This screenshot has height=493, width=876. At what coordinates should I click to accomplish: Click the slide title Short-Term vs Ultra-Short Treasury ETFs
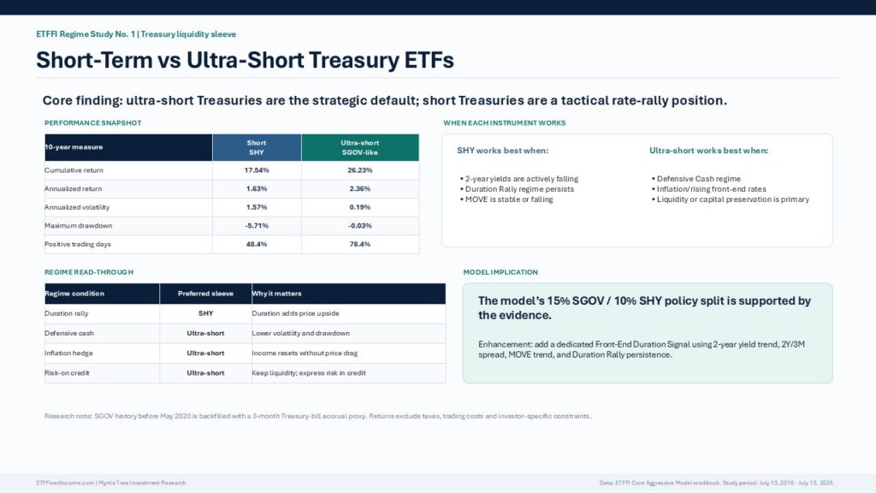(x=245, y=61)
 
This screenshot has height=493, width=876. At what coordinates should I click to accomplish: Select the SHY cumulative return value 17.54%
(x=257, y=170)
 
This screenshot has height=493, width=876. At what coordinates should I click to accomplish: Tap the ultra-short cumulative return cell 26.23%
(x=360, y=170)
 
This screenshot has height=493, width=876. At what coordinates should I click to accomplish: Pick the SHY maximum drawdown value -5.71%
(x=257, y=226)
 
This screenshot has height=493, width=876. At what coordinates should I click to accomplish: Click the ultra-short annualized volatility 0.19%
(x=360, y=207)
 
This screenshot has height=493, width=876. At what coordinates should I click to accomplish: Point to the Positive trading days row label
(x=78, y=244)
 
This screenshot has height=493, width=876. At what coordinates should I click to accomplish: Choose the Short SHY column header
(x=257, y=147)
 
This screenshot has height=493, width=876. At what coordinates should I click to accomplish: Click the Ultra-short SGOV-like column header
(x=360, y=147)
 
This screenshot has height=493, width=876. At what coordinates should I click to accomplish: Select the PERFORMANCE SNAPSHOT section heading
(x=92, y=123)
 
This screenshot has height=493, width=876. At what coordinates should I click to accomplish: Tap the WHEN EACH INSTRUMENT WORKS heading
(x=505, y=123)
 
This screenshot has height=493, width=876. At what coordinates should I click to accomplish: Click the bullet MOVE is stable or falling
(x=506, y=199)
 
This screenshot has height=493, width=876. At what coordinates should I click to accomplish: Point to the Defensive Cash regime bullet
(x=696, y=179)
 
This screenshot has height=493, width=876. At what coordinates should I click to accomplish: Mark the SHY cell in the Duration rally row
(x=205, y=313)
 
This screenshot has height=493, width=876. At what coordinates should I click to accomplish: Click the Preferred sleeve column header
(x=205, y=294)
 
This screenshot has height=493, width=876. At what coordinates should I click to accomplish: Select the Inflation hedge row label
(x=68, y=353)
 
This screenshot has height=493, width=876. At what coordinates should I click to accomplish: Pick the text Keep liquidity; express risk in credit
(x=309, y=373)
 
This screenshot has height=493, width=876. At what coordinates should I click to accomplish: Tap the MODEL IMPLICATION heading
(x=500, y=272)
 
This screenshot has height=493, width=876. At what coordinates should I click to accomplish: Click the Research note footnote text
(x=318, y=417)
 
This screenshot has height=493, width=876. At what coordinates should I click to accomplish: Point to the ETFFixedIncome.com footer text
(x=111, y=483)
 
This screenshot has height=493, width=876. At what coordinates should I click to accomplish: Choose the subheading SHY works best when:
(x=503, y=151)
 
